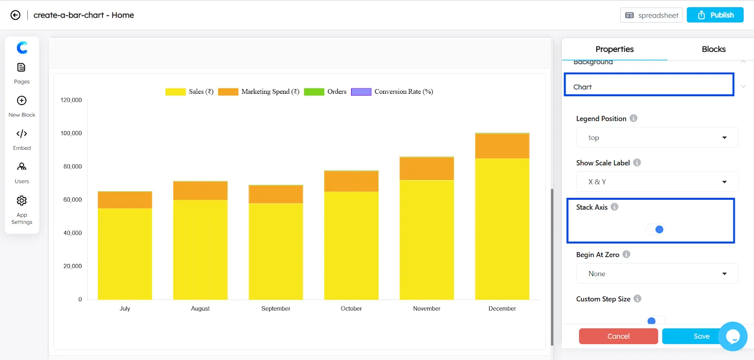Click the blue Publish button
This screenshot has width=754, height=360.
715,15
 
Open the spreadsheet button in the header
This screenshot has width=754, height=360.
651,15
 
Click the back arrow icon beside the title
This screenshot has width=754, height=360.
16,15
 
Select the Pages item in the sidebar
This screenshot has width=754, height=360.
22,73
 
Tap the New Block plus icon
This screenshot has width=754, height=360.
22,101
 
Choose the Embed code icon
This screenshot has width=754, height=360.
22,134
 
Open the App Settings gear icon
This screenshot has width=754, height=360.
22,201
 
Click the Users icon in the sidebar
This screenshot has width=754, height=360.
22,167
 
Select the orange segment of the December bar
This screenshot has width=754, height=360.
502,146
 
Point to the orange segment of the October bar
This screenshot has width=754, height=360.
351,181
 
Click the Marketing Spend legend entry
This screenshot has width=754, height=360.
259,92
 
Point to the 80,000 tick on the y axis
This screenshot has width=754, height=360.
73,166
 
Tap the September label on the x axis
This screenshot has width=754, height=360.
276,309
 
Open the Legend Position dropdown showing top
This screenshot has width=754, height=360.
657,138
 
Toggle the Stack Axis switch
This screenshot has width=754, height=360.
656,229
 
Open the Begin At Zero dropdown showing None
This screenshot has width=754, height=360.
657,274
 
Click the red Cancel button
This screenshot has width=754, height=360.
618,336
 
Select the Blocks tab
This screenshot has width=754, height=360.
713,49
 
